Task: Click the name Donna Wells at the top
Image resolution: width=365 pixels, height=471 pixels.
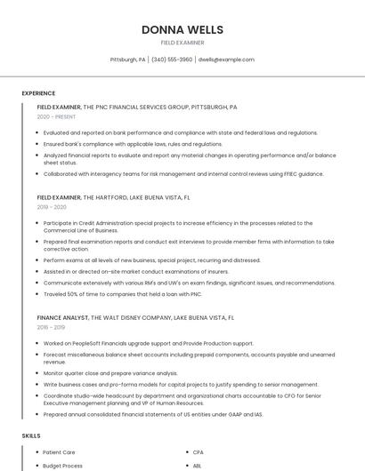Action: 182,29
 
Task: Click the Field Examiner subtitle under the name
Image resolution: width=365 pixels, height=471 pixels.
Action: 182,43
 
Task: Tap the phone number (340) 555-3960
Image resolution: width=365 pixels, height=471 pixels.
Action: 172,60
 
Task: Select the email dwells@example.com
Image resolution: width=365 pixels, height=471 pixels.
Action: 226,60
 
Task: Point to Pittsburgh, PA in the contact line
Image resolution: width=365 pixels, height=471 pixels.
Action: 127,60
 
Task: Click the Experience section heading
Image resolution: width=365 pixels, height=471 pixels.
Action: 38,93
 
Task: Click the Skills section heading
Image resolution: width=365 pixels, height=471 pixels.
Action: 31,436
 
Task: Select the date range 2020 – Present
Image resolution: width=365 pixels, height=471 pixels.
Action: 56,116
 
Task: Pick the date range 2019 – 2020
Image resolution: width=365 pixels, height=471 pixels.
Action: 52,207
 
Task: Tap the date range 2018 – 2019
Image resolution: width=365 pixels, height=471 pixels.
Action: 52,327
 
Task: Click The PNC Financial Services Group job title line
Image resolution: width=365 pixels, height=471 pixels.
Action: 137,107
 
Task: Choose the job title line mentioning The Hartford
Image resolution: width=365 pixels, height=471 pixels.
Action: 113,197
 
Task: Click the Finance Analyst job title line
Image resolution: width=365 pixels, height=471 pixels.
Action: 135,317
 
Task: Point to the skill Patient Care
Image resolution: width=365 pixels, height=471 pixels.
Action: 59,452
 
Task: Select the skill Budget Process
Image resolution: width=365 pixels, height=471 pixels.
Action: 62,465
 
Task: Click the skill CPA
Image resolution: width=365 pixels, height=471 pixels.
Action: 198,452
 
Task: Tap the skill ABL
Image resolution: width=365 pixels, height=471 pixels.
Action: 197,465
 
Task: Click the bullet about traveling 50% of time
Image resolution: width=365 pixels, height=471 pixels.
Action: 123,294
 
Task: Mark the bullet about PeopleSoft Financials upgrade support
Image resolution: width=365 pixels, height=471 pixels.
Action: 148,343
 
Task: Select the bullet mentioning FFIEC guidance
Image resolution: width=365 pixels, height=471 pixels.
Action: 183,174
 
